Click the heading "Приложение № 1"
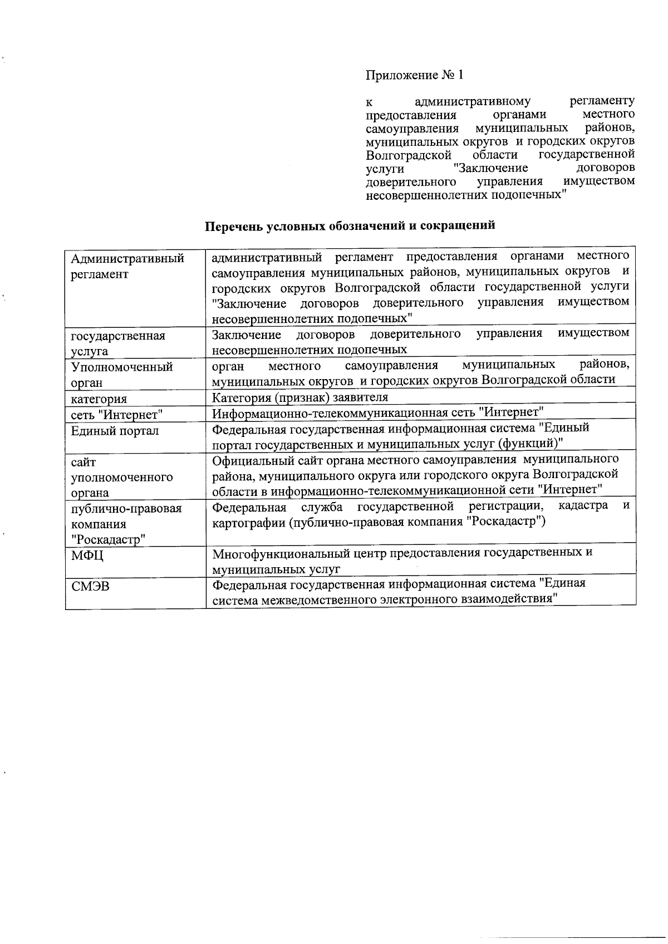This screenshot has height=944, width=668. [x=414, y=75]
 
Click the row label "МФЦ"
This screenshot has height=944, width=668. [x=87, y=555]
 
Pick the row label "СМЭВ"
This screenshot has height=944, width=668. [x=90, y=586]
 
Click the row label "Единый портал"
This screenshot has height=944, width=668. [x=115, y=431]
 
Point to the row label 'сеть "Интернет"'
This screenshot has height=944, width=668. [x=117, y=415]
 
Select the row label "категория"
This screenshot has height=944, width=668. [x=99, y=399]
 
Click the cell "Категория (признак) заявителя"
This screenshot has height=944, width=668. [x=300, y=397]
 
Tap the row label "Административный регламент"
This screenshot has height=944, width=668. [x=127, y=267]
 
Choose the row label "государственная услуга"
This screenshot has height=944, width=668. [x=118, y=343]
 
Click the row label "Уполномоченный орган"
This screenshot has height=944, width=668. [x=122, y=375]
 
